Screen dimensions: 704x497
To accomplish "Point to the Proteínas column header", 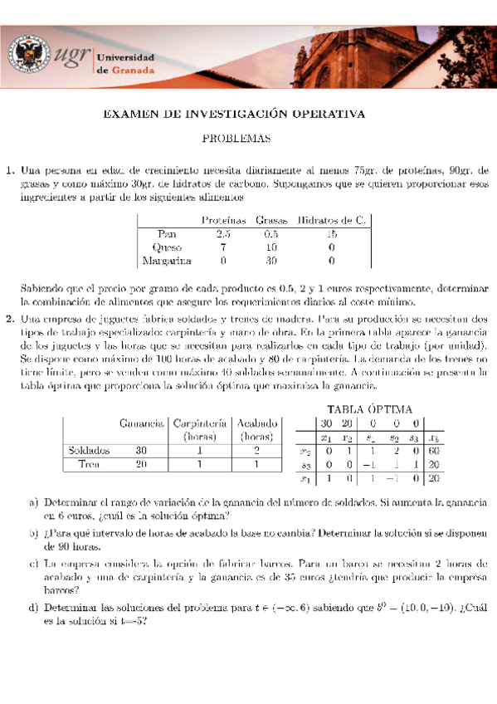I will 222,220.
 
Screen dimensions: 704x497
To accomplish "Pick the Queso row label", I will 167,247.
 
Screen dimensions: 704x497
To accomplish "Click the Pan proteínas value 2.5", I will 222,234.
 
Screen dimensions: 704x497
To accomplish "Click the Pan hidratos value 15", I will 332,234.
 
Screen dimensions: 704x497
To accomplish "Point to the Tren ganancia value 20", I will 141,463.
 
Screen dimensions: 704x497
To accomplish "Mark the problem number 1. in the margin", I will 12,170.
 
